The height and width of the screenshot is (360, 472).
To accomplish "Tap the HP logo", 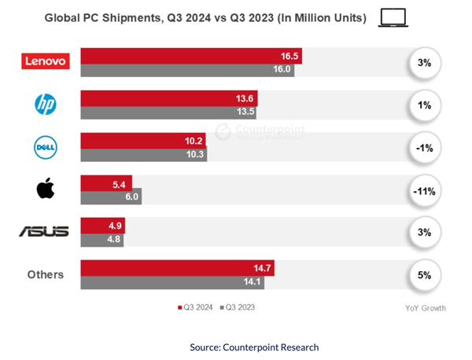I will (x=45, y=104).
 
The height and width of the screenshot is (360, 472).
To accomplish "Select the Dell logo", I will (x=45, y=146).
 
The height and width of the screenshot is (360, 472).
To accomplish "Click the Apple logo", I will (x=45, y=189).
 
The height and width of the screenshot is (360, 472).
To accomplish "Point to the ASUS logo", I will (x=44, y=231).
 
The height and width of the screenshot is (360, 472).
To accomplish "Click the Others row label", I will (x=44, y=274).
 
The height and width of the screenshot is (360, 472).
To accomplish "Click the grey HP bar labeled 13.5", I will (x=168, y=111).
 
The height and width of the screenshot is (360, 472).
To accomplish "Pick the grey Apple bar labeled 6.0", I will (x=111, y=197).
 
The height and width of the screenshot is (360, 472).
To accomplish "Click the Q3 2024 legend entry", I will (x=194, y=307).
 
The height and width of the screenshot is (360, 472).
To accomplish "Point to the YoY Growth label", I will (x=425, y=308).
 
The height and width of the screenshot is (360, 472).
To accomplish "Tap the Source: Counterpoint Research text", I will (x=254, y=347).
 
